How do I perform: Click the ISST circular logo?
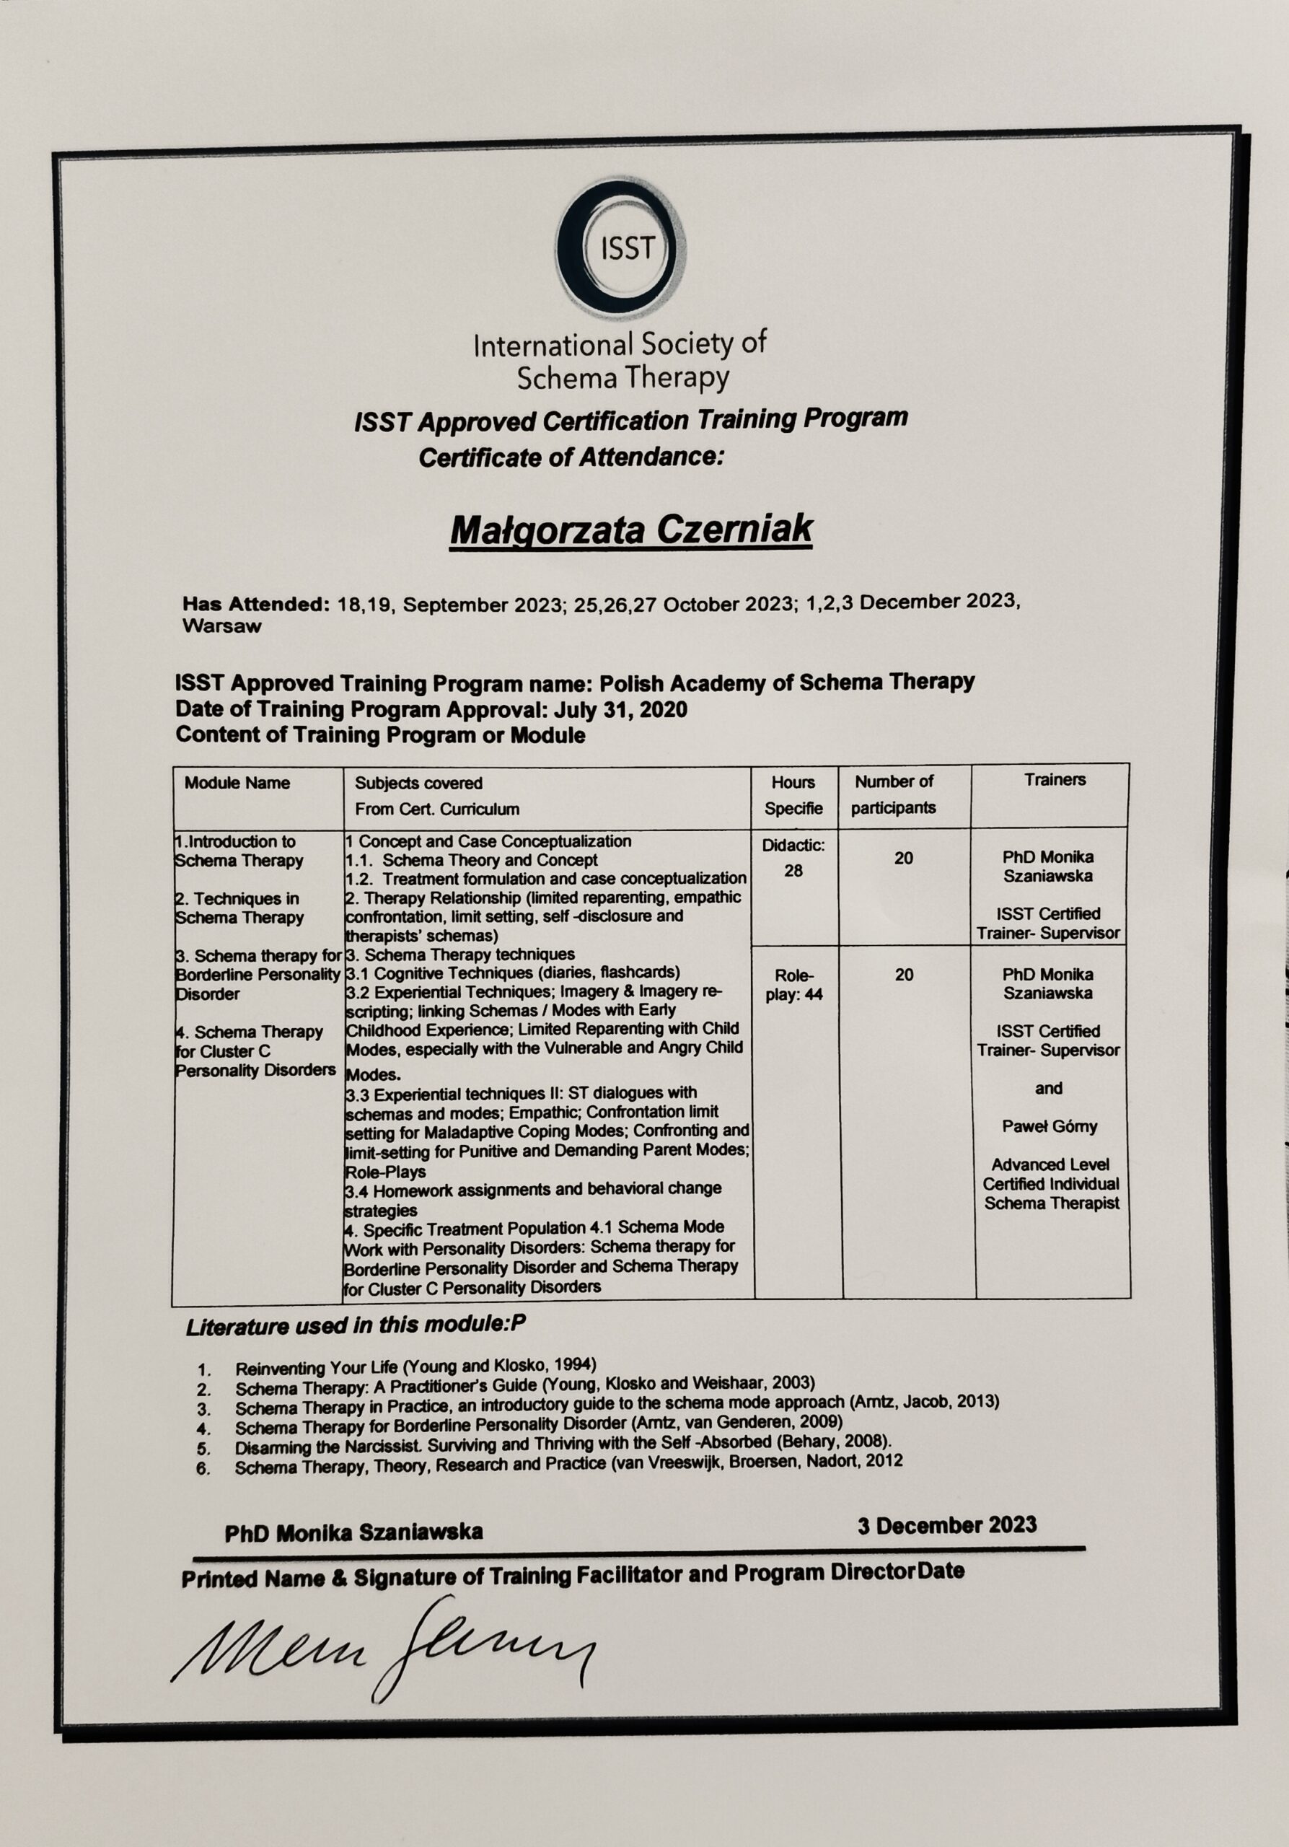tap(620, 250)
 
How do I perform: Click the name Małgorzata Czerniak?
tap(630, 530)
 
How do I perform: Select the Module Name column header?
tap(237, 783)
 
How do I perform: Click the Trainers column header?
tap(1054, 779)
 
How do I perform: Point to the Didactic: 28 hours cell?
tap(793, 858)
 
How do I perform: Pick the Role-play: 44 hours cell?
tap(793, 985)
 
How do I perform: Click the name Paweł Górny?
tap(1049, 1126)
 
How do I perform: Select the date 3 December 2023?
tap(946, 1525)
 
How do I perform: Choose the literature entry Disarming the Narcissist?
tap(563, 1446)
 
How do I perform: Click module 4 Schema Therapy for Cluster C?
tap(256, 1050)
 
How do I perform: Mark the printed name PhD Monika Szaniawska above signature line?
tap(354, 1532)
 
